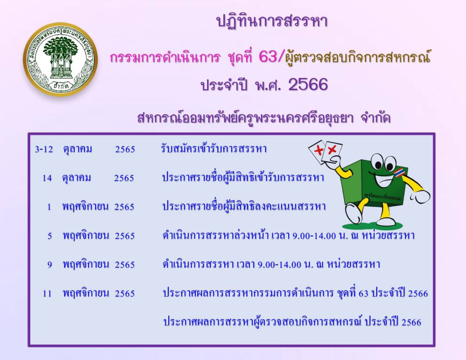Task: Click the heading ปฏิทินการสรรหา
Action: (x=272, y=21)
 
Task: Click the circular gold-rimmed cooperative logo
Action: (x=60, y=59)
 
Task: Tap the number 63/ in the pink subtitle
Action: (x=272, y=56)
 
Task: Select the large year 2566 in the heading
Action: (x=308, y=84)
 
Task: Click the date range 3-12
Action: (x=44, y=149)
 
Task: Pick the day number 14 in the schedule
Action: (x=47, y=178)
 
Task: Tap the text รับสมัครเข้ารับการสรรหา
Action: (x=213, y=148)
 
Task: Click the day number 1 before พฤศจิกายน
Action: (x=49, y=207)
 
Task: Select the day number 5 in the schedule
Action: (x=50, y=236)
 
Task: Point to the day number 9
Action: (x=50, y=264)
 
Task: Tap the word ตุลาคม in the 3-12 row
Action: (x=77, y=149)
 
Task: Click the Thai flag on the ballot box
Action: (x=399, y=172)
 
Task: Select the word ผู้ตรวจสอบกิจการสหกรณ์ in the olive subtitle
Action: (x=358, y=57)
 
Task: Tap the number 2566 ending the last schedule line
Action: (x=411, y=322)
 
